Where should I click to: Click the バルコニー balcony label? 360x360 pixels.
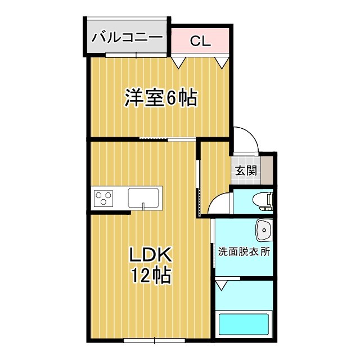tap(127, 38)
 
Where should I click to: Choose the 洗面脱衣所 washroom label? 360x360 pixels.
tap(244, 251)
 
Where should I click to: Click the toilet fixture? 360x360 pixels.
tap(263, 200)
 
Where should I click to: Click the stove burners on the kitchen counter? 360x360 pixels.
tap(103, 197)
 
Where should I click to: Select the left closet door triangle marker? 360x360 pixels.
tap(179, 62)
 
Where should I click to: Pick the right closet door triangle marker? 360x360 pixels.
tap(220, 62)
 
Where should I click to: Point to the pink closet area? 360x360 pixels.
tap(200, 40)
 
